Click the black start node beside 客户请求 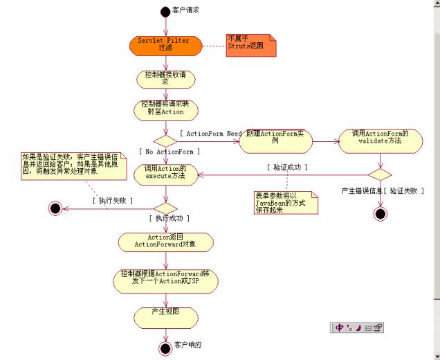coord(165,11)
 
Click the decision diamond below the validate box coord(380,174)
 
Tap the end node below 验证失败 coord(380,214)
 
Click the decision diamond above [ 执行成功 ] coord(165,206)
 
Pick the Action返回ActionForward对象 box coord(165,241)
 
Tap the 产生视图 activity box coord(165,315)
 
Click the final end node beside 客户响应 coord(165,348)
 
